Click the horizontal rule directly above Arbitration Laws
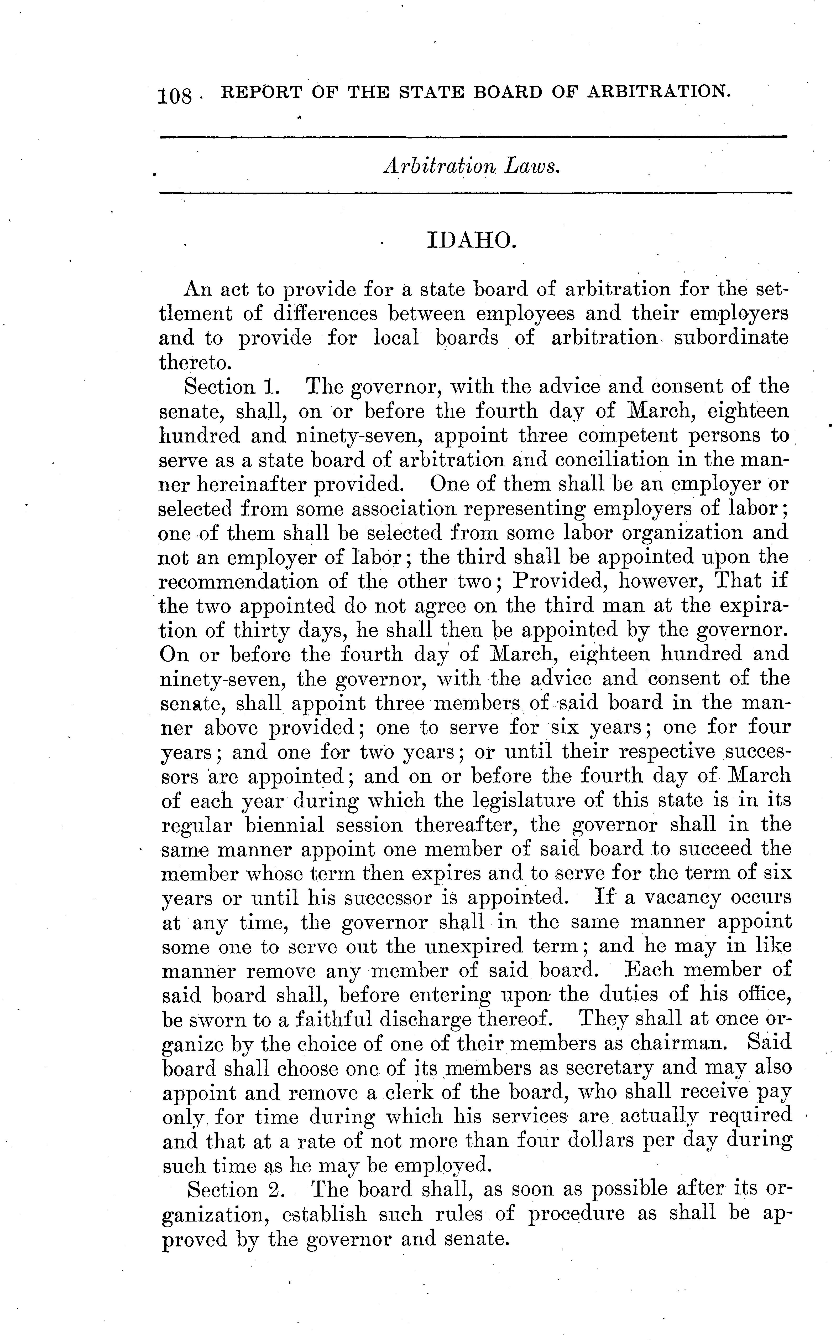(473, 137)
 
